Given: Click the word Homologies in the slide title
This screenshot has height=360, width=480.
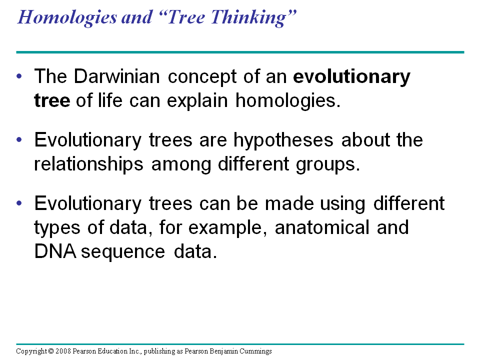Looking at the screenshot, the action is (x=67, y=17).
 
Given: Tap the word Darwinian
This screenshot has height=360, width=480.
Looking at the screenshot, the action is (x=116, y=76).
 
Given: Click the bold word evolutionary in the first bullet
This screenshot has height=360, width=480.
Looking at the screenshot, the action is (x=351, y=77).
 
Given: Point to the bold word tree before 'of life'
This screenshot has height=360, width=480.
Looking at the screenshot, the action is (x=52, y=100).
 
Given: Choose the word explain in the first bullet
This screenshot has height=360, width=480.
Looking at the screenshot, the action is (x=197, y=101).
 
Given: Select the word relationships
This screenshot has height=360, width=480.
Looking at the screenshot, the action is (x=89, y=164).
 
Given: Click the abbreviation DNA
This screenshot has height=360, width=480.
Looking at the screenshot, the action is (x=55, y=251).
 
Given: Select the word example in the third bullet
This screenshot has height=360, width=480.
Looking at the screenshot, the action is (x=225, y=228).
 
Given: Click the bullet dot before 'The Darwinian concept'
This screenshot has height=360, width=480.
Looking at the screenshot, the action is (x=19, y=76).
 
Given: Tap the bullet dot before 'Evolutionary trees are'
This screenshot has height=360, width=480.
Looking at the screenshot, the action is (x=19, y=139).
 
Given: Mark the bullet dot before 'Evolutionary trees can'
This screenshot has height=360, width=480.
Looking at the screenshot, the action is (x=19, y=203).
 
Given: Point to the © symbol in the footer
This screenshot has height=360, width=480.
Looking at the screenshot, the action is (x=51, y=351).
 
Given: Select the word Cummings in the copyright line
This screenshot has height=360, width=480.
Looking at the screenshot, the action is (x=255, y=351).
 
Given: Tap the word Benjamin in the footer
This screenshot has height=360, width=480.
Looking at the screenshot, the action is (x=224, y=351).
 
